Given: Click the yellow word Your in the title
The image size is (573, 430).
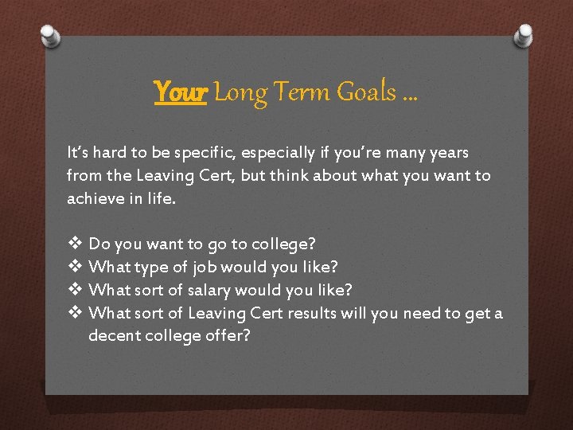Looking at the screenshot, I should point(181,93).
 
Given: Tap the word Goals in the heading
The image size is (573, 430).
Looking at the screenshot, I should point(366,93).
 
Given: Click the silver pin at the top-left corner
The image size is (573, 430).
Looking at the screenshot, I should point(50,37).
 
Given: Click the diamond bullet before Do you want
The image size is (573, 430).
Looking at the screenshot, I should point(75,243).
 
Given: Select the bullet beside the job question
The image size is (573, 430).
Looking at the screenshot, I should point(75,266).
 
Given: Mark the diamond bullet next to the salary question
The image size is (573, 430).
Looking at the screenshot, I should point(75,289).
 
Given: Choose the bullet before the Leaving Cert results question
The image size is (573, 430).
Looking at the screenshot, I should point(75,312).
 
